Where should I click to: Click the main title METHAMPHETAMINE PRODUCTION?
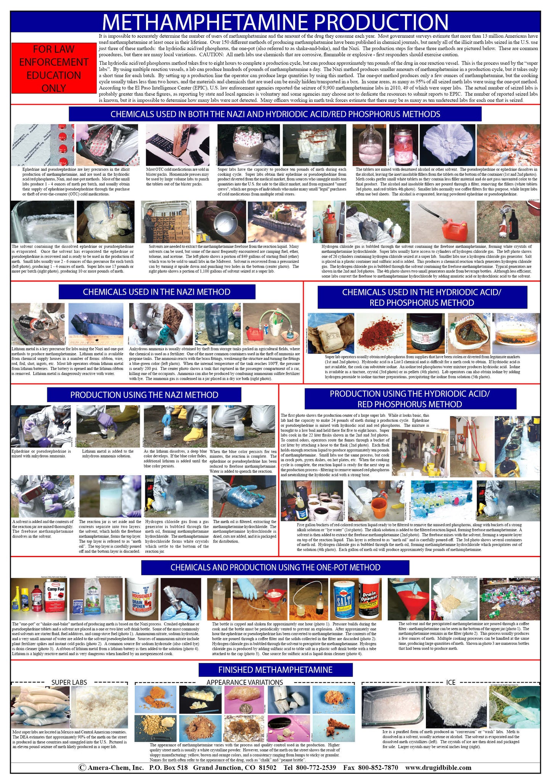click(275, 22)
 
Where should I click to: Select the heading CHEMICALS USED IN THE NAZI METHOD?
click(157, 292)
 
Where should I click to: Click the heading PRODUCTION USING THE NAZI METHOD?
click(144, 395)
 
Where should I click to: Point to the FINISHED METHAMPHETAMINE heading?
click(275, 670)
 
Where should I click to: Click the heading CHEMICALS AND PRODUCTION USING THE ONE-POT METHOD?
click(275, 567)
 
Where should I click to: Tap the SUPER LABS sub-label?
click(69, 682)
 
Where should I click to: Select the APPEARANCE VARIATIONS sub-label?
click(245, 682)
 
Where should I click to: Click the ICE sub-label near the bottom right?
click(450, 682)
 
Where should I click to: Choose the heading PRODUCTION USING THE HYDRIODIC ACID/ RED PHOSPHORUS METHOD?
click(410, 399)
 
